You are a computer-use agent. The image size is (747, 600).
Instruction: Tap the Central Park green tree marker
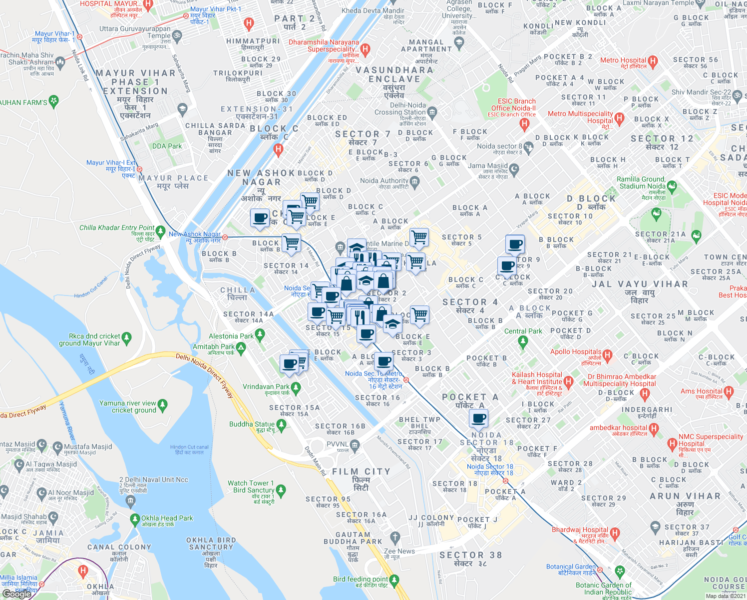tap(523, 342)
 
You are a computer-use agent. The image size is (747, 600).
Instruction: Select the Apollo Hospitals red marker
tap(608, 356)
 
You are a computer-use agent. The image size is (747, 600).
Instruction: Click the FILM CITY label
tap(361, 471)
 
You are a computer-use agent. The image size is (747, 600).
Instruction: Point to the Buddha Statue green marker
tap(281, 425)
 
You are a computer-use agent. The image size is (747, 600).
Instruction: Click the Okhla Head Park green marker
tap(134, 519)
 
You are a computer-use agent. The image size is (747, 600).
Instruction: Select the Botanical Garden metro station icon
tap(600, 569)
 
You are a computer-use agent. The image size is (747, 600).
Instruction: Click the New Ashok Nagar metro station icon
tap(225, 237)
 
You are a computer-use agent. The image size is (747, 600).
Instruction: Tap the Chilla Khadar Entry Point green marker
tap(160, 231)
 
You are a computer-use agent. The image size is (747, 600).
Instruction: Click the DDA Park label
tap(167, 146)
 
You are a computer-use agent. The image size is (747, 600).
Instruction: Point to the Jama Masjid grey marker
tap(514, 168)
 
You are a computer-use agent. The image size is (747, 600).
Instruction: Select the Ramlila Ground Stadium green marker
tap(672, 187)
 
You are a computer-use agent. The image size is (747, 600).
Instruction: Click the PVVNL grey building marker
tap(355, 444)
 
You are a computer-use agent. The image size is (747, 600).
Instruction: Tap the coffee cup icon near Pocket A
tap(479, 418)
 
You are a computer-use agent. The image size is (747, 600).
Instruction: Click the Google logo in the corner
tap(16, 594)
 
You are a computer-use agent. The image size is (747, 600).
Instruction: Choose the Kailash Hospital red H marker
tap(568, 381)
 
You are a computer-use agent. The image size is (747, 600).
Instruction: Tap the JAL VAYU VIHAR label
tap(639, 284)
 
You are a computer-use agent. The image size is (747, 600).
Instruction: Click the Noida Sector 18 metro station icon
tap(506, 480)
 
